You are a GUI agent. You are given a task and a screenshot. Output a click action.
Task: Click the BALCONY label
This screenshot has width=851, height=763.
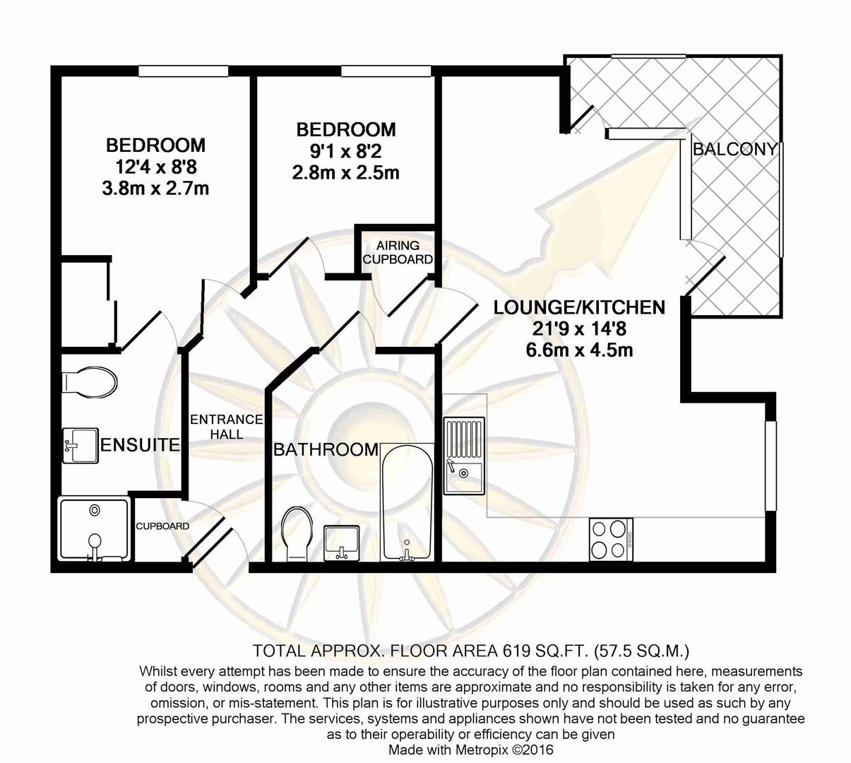pos(734,149)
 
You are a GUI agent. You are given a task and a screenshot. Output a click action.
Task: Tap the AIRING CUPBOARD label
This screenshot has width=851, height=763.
pos(398,252)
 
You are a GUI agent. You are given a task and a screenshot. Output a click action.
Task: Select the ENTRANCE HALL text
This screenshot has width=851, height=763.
pos(227,427)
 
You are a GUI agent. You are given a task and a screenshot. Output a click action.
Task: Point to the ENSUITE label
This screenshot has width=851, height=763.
pos(141,445)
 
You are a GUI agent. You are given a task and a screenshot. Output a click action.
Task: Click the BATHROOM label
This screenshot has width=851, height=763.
pos(326,449)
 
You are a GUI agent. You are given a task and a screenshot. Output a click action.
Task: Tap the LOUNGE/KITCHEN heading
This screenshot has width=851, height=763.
pos(579,307)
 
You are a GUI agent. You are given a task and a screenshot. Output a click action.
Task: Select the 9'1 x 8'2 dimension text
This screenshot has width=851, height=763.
pos(345,151)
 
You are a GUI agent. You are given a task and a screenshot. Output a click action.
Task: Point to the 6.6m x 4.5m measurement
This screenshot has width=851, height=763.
pos(579,350)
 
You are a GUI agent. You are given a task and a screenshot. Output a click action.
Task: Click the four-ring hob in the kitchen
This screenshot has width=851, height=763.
pos(611,540)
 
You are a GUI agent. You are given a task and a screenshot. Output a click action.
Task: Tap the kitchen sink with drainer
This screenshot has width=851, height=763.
pos(465,455)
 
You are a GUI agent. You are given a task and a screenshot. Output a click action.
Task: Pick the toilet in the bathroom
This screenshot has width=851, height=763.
pos(297,533)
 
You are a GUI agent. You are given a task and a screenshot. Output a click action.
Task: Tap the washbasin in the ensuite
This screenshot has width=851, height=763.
pos(81,445)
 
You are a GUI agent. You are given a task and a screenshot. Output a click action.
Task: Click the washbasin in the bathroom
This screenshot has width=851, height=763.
pos(342,543)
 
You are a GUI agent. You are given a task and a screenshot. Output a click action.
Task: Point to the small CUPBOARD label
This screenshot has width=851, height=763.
pos(162,526)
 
